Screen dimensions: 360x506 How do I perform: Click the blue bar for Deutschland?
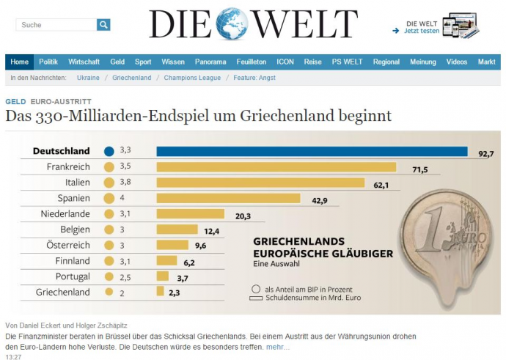[x=312, y=152]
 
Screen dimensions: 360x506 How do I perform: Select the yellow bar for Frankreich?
[x=276, y=167]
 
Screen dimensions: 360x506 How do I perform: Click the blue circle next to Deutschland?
[x=109, y=152]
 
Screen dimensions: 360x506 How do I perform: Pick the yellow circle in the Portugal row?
[x=109, y=276]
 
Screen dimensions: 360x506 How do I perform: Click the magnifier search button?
[x=103, y=25]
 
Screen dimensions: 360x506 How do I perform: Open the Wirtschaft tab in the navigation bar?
[x=84, y=62]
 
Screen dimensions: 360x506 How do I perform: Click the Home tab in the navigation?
[x=20, y=62]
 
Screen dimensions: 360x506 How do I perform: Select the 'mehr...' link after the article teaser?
[x=277, y=347]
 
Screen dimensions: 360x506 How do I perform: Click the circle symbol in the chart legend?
[x=255, y=289]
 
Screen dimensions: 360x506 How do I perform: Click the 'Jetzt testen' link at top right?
[x=422, y=31]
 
